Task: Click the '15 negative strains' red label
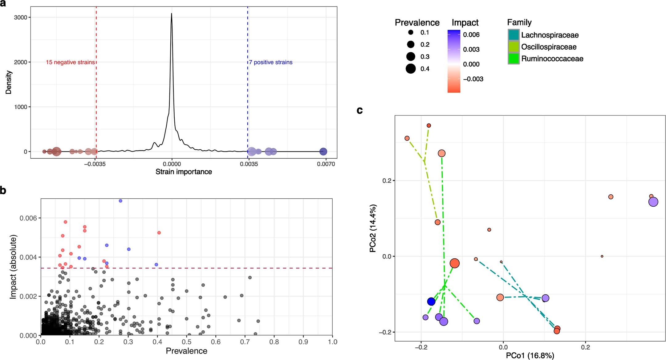[70, 62]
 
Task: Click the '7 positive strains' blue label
[270, 62]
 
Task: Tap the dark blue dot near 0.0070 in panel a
[323, 152]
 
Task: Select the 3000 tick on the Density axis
[21, 18]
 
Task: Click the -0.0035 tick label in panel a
[95, 164]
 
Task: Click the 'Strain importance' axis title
[184, 172]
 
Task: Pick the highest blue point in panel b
[120, 201]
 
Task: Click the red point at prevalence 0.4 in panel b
[159, 233]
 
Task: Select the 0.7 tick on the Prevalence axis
[245, 342]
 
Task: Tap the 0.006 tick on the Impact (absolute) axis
[28, 218]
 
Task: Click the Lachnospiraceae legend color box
[514, 35]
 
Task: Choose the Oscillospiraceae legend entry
[549, 47]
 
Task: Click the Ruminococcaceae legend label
[552, 59]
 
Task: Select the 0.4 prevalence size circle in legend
[411, 69]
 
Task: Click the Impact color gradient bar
[454, 61]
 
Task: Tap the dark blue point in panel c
[431, 301]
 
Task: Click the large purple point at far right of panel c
[653, 202]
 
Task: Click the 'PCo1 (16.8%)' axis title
[530, 356]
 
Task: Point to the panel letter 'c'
[359, 110]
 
